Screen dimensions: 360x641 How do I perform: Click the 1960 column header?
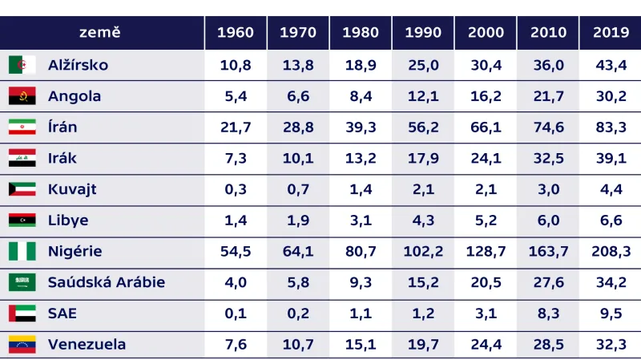coord(236,33)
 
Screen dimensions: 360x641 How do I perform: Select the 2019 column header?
coord(611,33)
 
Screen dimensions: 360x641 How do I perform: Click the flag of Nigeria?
coord(22,252)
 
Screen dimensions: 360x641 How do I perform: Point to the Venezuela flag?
coord(22,345)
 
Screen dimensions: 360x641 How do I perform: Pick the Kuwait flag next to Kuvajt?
coord(22,190)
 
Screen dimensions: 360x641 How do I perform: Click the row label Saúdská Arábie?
coord(107,282)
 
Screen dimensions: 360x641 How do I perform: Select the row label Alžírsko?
coord(78,65)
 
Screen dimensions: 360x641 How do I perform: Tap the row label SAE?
coord(62,313)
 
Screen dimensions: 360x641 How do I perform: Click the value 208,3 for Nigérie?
coord(611,252)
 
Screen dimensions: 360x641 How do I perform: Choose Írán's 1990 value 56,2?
coord(423,127)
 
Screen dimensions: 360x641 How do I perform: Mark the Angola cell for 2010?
coord(548,96)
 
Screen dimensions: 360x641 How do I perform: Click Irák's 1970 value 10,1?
coord(298,159)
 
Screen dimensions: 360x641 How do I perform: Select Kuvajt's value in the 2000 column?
coord(486,190)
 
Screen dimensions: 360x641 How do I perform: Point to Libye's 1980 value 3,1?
coord(361,220)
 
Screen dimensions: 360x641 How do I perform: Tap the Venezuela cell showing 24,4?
coord(486,345)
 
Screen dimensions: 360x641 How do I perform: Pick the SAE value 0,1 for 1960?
coord(236,313)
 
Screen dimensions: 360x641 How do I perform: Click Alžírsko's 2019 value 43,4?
coord(611,65)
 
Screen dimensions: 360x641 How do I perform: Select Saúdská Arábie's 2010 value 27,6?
coord(548,282)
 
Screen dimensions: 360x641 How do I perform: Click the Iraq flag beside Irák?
coord(22,159)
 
